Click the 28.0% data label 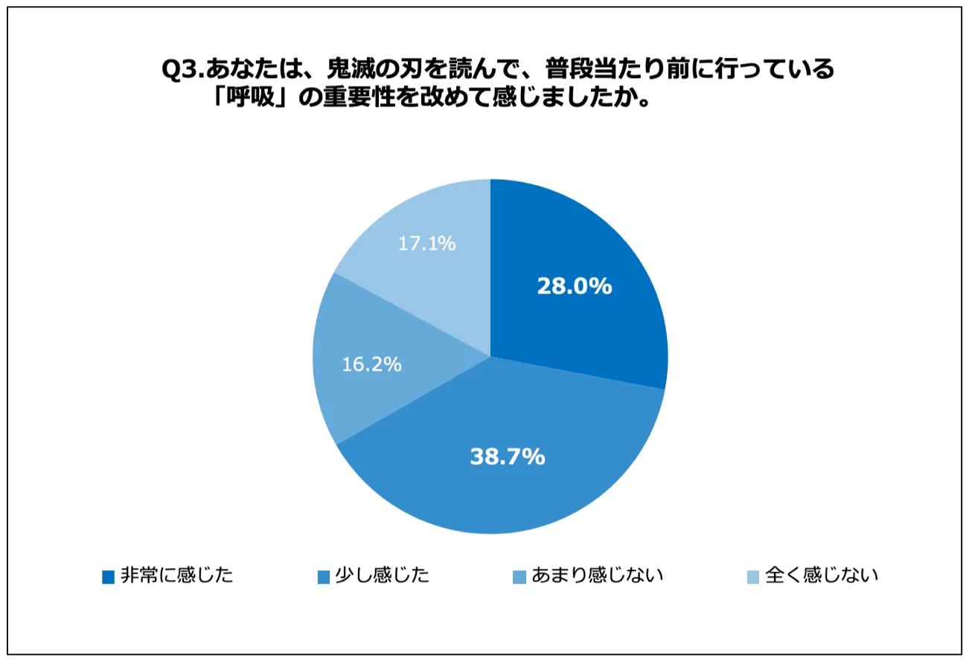click(575, 286)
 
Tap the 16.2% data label click(372, 364)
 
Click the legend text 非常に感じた click(177, 575)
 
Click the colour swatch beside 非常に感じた click(109, 576)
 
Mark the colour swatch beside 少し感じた click(323, 576)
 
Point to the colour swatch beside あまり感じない click(519, 576)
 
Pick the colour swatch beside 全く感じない click(752, 576)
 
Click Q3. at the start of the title click(182, 71)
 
